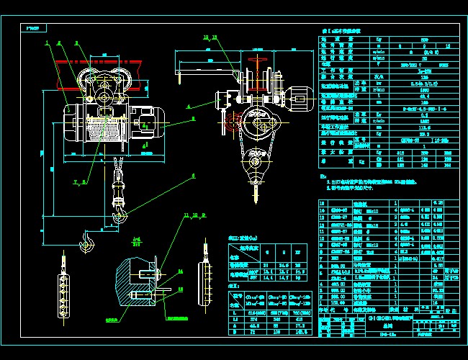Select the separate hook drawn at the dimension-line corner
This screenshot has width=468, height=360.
click(x=87, y=240)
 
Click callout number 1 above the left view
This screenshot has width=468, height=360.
click(x=48, y=42)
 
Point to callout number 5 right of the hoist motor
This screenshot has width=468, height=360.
click(x=193, y=117)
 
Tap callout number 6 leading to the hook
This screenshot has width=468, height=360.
click(x=193, y=176)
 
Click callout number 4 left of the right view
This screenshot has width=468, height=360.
click(x=189, y=106)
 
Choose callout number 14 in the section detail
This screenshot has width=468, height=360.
click(x=180, y=271)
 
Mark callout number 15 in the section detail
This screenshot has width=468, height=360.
click(x=180, y=289)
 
